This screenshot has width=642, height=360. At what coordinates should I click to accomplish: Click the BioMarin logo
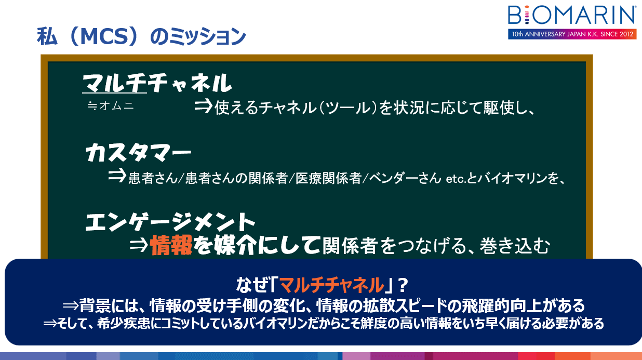pyautogui.click(x=572, y=15)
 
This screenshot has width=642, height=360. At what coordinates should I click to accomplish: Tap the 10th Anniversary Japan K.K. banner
pyautogui.click(x=572, y=34)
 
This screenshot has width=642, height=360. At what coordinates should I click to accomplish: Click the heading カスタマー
pyautogui.click(x=138, y=153)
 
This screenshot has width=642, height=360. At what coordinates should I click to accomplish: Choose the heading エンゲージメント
pyautogui.click(x=170, y=222)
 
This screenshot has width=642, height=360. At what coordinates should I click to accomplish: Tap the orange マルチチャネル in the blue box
pyautogui.click(x=331, y=285)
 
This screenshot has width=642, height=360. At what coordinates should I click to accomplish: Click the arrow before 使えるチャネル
pyautogui.click(x=204, y=106)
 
